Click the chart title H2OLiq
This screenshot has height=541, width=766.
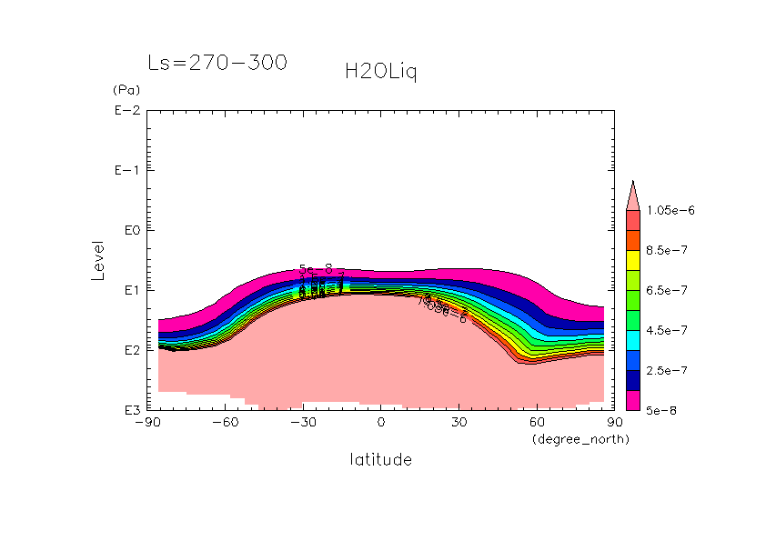click(380, 73)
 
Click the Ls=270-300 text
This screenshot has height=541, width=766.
click(217, 63)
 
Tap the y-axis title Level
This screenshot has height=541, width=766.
click(98, 260)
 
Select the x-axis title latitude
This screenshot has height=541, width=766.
click(380, 460)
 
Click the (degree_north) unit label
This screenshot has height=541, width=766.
click(580, 439)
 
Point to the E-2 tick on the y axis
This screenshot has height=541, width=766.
click(126, 111)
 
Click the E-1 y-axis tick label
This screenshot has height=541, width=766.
click(126, 171)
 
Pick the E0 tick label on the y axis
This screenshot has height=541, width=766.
click(129, 230)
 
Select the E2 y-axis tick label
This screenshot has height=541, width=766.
click(129, 350)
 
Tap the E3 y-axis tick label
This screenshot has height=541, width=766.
click(129, 410)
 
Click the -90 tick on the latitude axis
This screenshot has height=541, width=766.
click(146, 423)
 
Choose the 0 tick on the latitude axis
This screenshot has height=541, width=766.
click(381, 423)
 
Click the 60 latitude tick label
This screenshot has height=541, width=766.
click(537, 423)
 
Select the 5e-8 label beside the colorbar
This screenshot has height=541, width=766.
click(662, 410)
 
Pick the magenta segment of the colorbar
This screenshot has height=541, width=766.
click(633, 400)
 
